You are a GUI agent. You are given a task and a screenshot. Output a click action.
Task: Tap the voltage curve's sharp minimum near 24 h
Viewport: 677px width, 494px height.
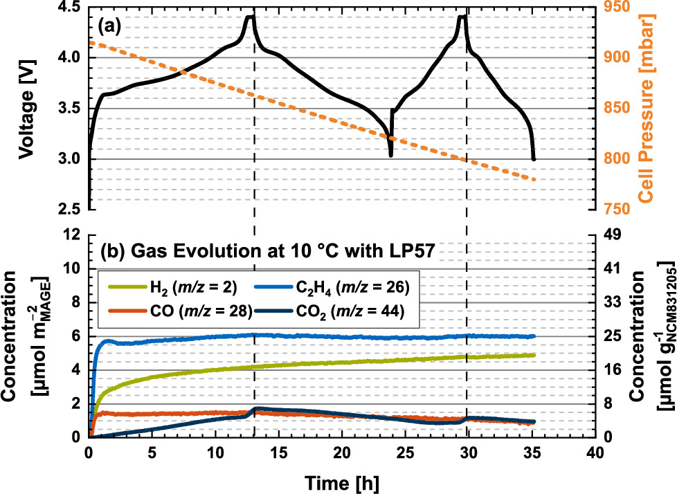pos(391,155)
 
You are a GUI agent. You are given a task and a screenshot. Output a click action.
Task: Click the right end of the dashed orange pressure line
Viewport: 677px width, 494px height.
pos(534,180)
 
